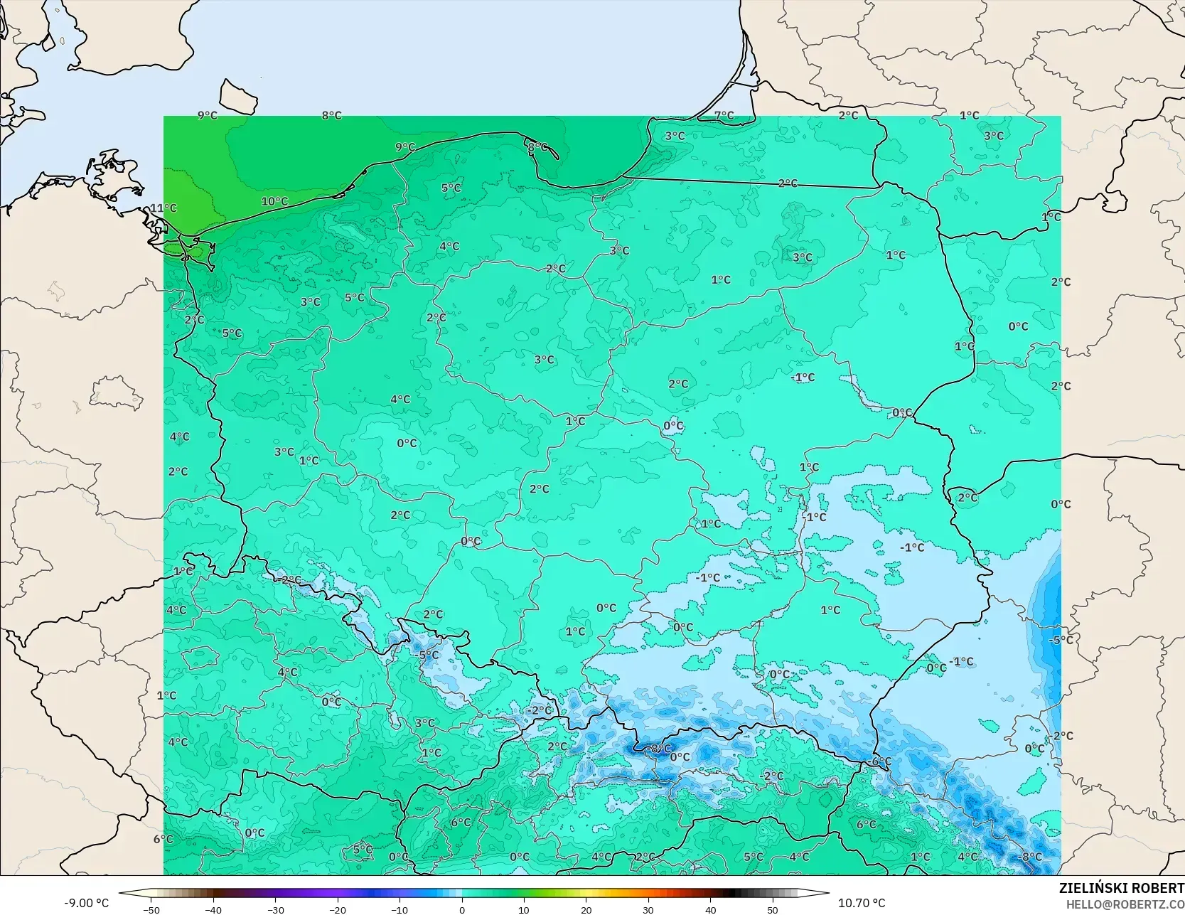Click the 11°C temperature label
click(x=163, y=208)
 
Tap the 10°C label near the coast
click(x=274, y=202)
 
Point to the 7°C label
click(x=724, y=115)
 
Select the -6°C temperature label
click(x=880, y=761)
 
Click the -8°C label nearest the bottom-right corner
click(x=1030, y=857)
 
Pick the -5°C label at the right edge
click(x=1061, y=641)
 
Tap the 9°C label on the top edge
click(x=207, y=116)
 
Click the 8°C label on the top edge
click(x=331, y=116)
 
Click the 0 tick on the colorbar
click(x=462, y=910)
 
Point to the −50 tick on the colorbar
click(x=151, y=910)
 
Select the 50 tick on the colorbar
click(x=773, y=910)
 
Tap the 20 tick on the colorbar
click(x=586, y=910)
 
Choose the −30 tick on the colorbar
click(x=275, y=910)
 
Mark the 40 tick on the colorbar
click(x=711, y=910)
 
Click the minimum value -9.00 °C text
click(x=87, y=903)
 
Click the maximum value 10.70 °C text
click(x=862, y=903)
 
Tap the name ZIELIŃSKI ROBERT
click(x=1121, y=889)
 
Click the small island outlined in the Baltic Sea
click(x=238, y=97)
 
